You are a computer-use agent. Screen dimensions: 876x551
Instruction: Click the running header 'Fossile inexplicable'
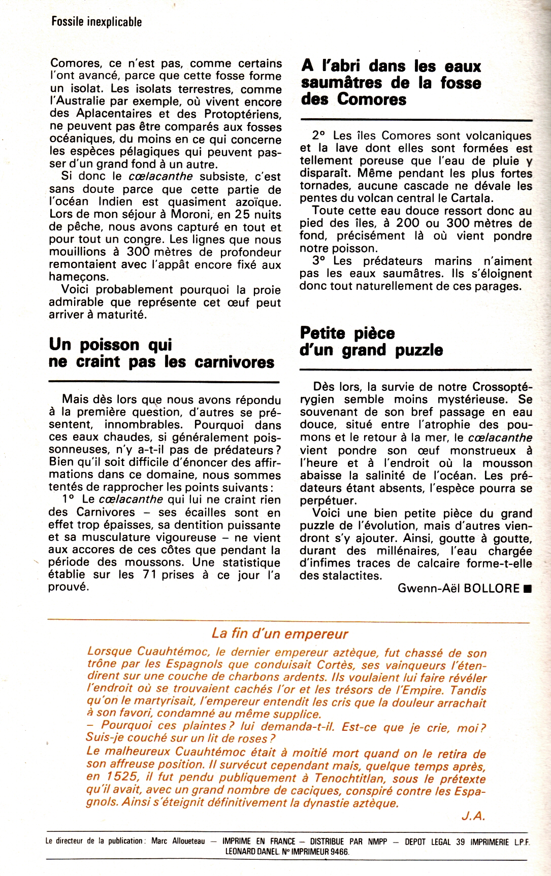click(96, 22)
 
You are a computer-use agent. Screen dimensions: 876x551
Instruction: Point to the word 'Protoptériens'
click(242, 114)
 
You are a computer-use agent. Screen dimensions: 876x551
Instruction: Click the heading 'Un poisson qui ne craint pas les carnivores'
click(161, 353)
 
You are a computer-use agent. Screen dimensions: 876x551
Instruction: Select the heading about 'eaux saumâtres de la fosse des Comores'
click(391, 82)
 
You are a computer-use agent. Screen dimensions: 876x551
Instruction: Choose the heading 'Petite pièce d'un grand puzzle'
click(371, 342)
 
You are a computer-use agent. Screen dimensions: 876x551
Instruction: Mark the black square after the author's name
click(527, 589)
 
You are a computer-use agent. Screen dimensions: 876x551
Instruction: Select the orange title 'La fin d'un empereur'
click(280, 633)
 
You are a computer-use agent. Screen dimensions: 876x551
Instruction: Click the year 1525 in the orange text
click(121, 777)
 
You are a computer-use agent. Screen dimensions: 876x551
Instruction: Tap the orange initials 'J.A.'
click(473, 816)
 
